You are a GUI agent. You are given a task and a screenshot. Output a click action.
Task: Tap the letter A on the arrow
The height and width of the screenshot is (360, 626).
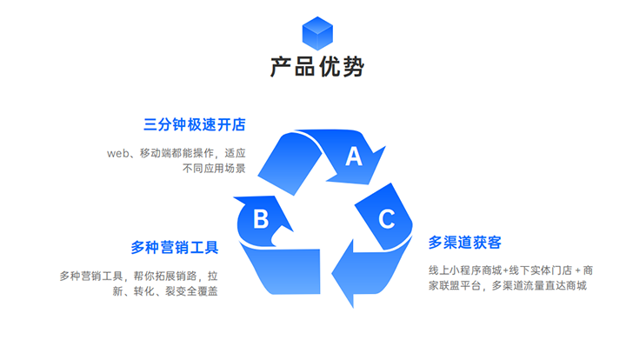tap(354, 157)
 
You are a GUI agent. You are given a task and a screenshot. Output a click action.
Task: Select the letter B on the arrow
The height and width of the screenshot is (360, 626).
tap(260, 219)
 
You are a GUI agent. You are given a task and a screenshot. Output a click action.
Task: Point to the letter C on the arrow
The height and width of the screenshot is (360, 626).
tap(386, 219)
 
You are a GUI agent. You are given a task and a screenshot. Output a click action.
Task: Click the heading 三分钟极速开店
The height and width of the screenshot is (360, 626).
tap(195, 124)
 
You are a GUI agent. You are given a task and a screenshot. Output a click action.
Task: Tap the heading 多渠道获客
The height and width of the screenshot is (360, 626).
tap(464, 242)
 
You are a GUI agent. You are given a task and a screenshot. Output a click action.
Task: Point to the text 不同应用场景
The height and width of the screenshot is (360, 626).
tap(214, 169)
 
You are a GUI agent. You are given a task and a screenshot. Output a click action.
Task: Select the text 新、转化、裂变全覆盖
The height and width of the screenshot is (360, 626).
tap(165, 291)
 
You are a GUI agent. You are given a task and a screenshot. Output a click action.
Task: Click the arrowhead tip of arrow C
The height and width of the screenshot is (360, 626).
tap(354, 306)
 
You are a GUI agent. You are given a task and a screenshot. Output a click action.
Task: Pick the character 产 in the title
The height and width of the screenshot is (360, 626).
tap(280, 67)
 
